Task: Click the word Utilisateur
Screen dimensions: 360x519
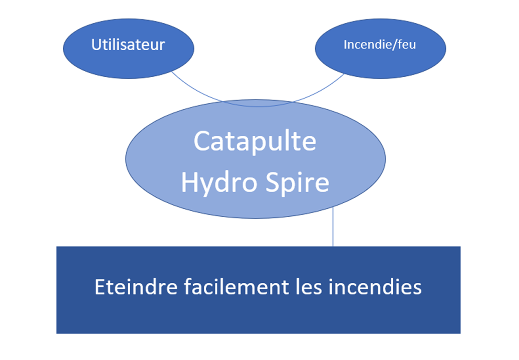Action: tap(128, 45)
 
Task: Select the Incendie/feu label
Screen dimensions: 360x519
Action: tap(379, 45)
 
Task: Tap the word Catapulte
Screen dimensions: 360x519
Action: tap(255, 140)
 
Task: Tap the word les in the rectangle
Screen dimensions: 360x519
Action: tap(309, 287)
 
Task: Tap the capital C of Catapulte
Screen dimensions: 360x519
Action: tap(202, 140)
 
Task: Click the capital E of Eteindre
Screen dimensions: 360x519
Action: tap(100, 287)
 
